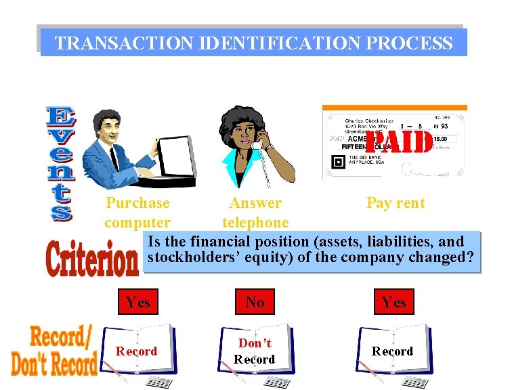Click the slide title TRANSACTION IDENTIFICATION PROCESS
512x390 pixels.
(253, 43)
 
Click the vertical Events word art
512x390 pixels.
(60, 163)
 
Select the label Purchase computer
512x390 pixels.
(137, 213)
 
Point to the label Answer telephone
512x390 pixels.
(255, 213)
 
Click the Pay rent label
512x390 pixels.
(396, 202)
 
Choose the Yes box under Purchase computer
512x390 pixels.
(138, 302)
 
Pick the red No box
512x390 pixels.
(255, 302)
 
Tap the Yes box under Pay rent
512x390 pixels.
(393, 302)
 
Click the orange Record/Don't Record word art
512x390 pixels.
(54, 351)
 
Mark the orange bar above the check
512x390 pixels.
(394, 108)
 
